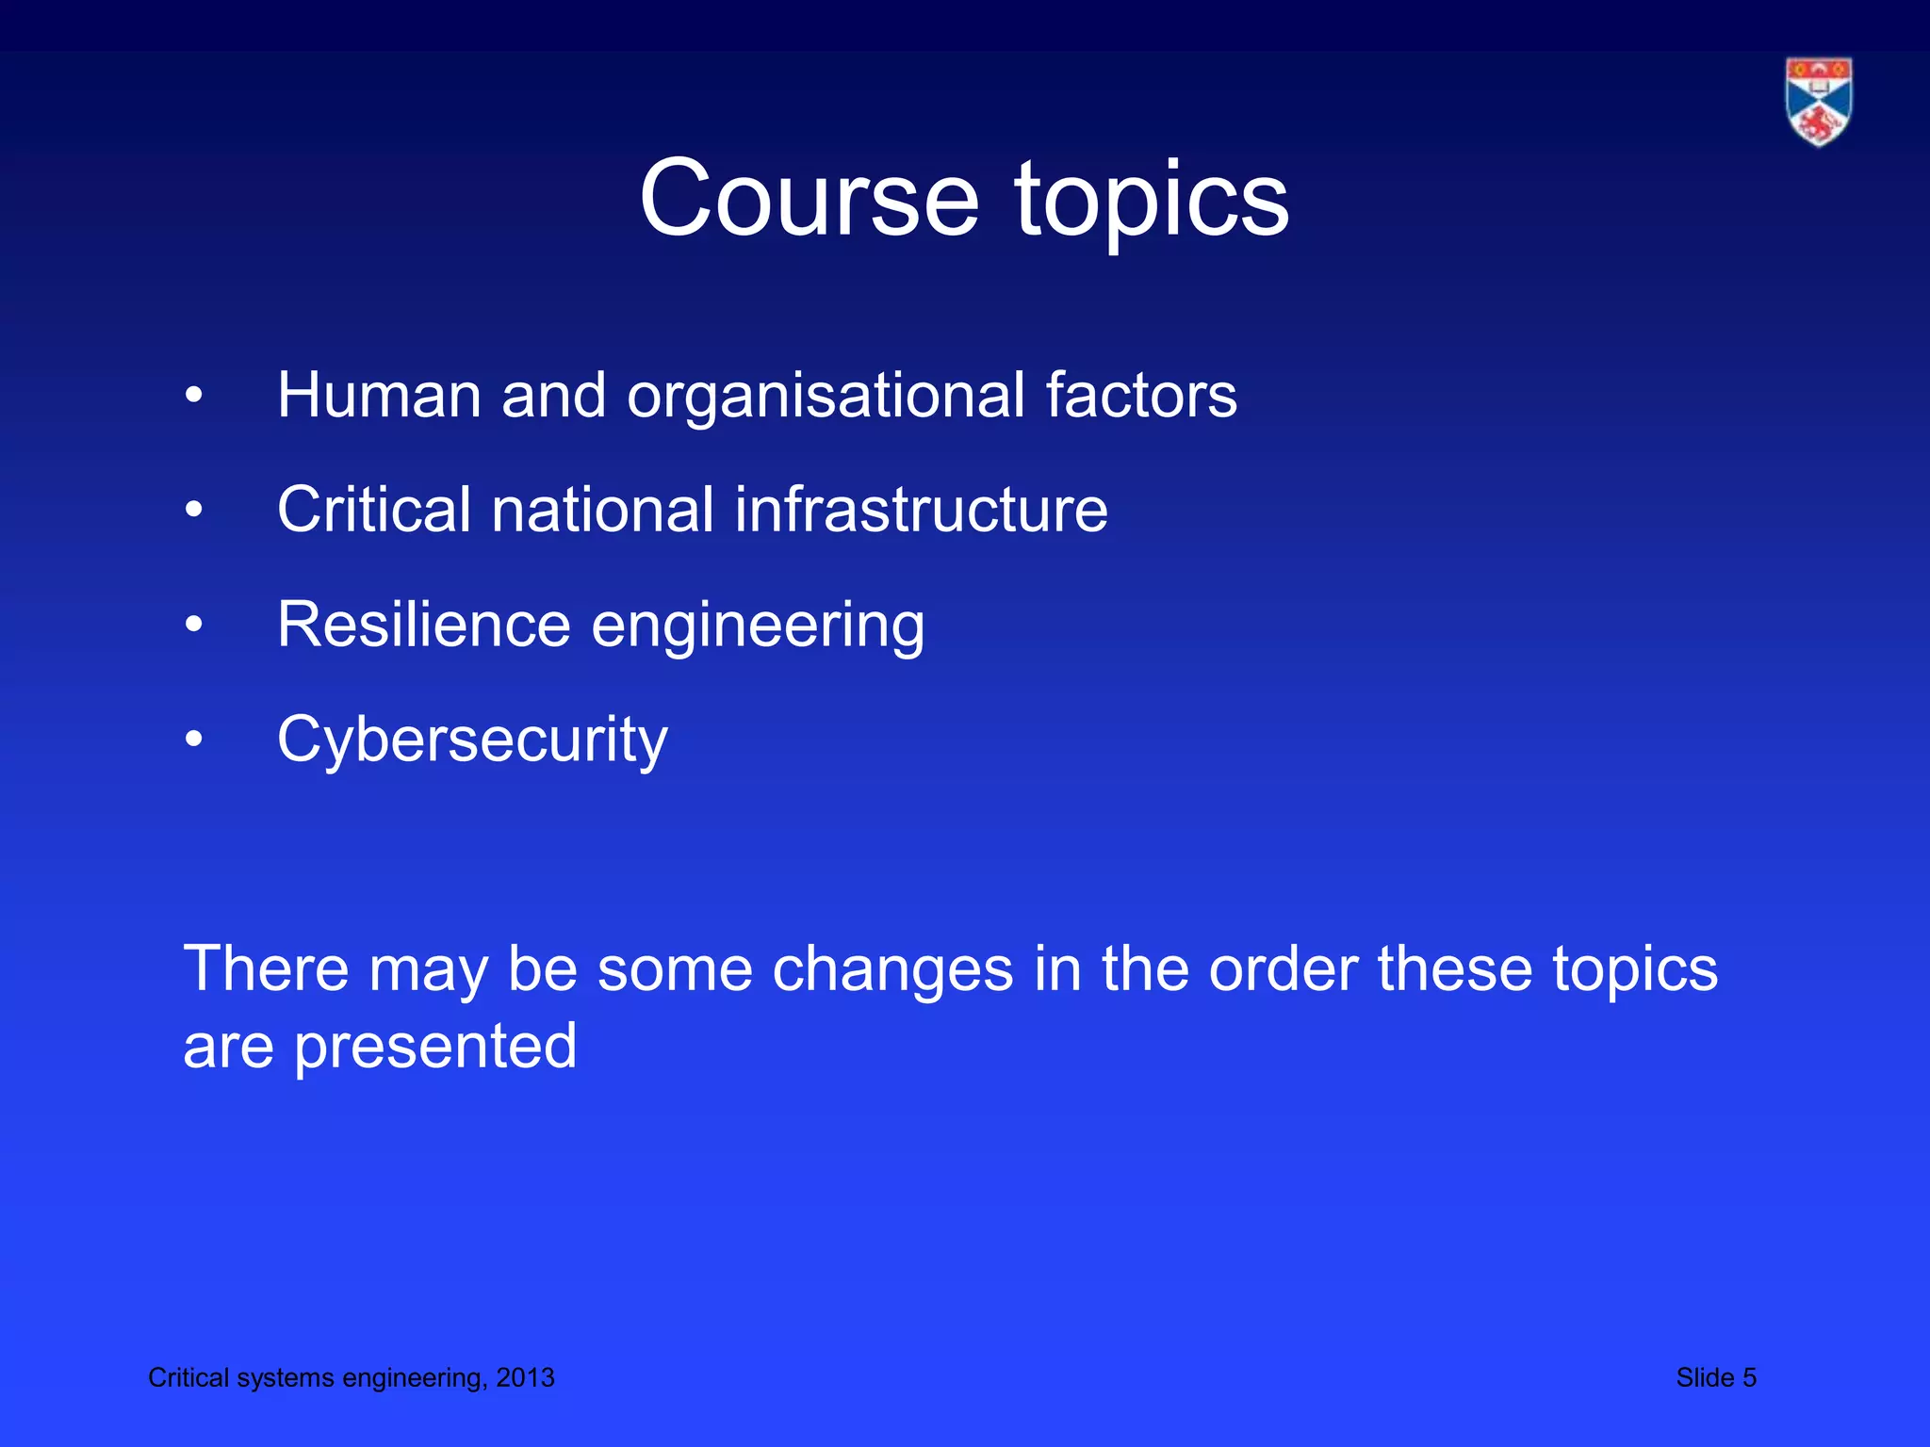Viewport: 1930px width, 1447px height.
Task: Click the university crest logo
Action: pyautogui.click(x=1818, y=102)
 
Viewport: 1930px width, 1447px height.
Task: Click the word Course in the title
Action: pyautogui.click(x=809, y=199)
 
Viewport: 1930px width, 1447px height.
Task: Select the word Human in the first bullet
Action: pyautogui.click(x=379, y=395)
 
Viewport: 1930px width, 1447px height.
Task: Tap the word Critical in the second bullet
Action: pyautogui.click(x=373, y=510)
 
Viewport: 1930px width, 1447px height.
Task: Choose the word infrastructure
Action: pyautogui.click(x=921, y=510)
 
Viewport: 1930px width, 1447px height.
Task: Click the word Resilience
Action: pyautogui.click(x=423, y=625)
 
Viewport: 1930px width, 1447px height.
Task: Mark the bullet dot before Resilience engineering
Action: pyautogui.click(x=193, y=625)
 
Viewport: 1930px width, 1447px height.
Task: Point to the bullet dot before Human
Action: pyautogui.click(x=193, y=396)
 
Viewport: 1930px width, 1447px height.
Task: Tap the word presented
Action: pyautogui.click(x=435, y=1049)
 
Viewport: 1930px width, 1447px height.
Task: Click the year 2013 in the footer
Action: pyautogui.click(x=525, y=1377)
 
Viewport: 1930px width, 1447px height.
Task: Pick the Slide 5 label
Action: pyautogui.click(x=1715, y=1377)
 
